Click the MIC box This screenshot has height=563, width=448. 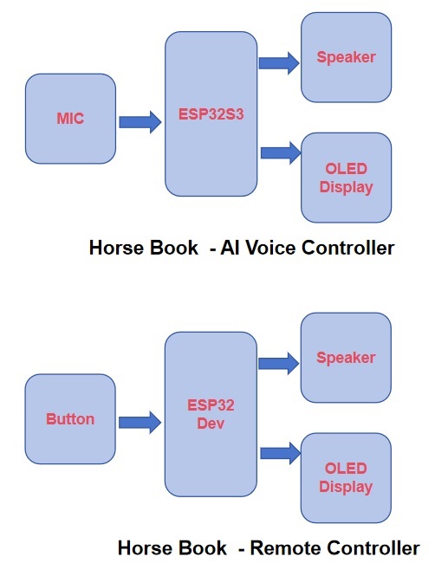[x=70, y=119]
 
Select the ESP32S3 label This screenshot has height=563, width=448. [x=211, y=114]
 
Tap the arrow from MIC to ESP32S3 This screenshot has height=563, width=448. [x=140, y=122]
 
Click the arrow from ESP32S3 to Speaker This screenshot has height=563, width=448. [x=279, y=63]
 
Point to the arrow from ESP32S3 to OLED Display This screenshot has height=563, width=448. [x=281, y=153]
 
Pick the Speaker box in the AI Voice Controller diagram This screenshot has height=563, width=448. [x=346, y=57]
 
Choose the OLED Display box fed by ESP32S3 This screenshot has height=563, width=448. [x=346, y=178]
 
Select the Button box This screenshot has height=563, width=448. [x=70, y=419]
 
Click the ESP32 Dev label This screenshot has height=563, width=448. [x=211, y=414]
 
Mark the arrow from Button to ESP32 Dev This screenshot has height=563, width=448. [x=140, y=423]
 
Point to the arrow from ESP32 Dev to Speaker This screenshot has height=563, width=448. [x=278, y=364]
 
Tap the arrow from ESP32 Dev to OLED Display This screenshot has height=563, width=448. [x=280, y=454]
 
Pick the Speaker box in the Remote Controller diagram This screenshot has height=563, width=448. [x=346, y=358]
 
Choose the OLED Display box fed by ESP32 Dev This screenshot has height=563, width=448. [x=346, y=478]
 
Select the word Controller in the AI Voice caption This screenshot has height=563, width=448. [x=348, y=248]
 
